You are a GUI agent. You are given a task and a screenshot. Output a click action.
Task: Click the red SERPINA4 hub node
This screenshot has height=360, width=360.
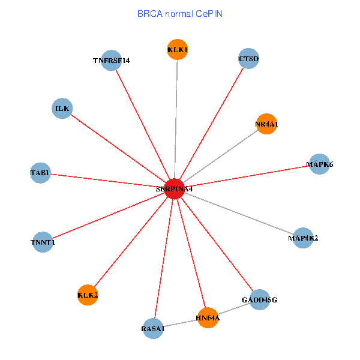pos(174,188)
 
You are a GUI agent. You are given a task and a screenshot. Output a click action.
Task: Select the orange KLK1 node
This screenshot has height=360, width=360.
pos(178,50)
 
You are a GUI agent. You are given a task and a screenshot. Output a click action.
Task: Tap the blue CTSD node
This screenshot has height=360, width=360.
pos(248,59)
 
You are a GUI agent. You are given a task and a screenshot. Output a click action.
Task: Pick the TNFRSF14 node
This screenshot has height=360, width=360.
pos(112,60)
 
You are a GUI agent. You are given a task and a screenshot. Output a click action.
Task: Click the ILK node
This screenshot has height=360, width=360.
pos(62,109)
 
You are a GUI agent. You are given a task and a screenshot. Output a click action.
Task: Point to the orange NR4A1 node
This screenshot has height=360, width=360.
pos(266,124)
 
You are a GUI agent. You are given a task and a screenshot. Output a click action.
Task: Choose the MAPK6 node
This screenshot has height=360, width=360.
pos(319,164)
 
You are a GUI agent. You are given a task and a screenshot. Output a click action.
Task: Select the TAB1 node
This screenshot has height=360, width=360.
pos(40,173)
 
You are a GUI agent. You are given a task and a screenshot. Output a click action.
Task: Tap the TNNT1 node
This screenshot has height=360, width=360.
pos(43,242)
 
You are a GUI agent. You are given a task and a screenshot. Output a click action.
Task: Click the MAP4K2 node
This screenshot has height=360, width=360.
pos(303,238)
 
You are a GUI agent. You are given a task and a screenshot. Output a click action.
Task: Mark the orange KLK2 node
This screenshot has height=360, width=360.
pos(88,295)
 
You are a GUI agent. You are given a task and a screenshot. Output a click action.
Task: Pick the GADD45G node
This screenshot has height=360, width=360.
pos(259,299)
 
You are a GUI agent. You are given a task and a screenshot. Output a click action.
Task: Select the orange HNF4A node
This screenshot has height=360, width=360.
pos(208,317)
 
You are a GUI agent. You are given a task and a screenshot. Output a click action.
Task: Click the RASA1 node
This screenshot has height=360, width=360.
pos(153,328)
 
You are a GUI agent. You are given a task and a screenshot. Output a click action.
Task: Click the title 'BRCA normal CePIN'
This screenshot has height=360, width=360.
pos(180,13)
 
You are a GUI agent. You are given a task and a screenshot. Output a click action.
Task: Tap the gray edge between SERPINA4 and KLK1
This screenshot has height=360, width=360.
pos(176,120)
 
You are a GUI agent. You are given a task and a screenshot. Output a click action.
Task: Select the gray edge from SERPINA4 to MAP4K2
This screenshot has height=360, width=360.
pos(240,214)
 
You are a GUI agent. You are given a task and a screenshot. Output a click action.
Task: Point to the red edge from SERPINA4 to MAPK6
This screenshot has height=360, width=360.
pos(246,176)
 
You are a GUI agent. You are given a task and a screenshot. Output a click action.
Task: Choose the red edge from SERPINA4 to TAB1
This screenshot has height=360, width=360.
pos(108,181)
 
